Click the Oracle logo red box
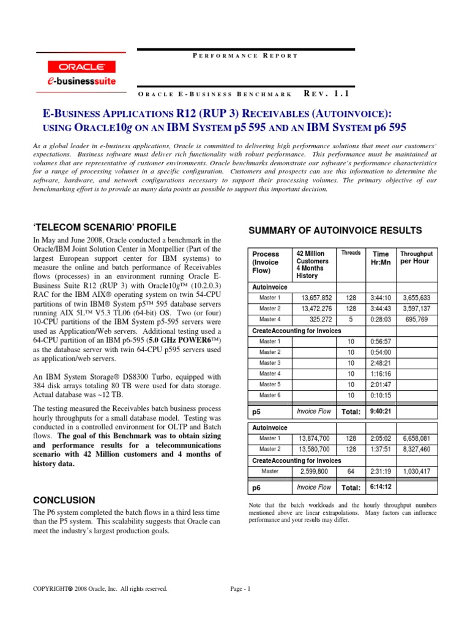click(x=78, y=67)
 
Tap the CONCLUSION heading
click(x=64, y=500)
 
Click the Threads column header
click(x=351, y=252)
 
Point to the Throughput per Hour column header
click(x=416, y=257)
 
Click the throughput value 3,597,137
click(x=416, y=309)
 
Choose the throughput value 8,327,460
click(x=416, y=449)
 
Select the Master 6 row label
click(x=270, y=396)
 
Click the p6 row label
click(x=257, y=488)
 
